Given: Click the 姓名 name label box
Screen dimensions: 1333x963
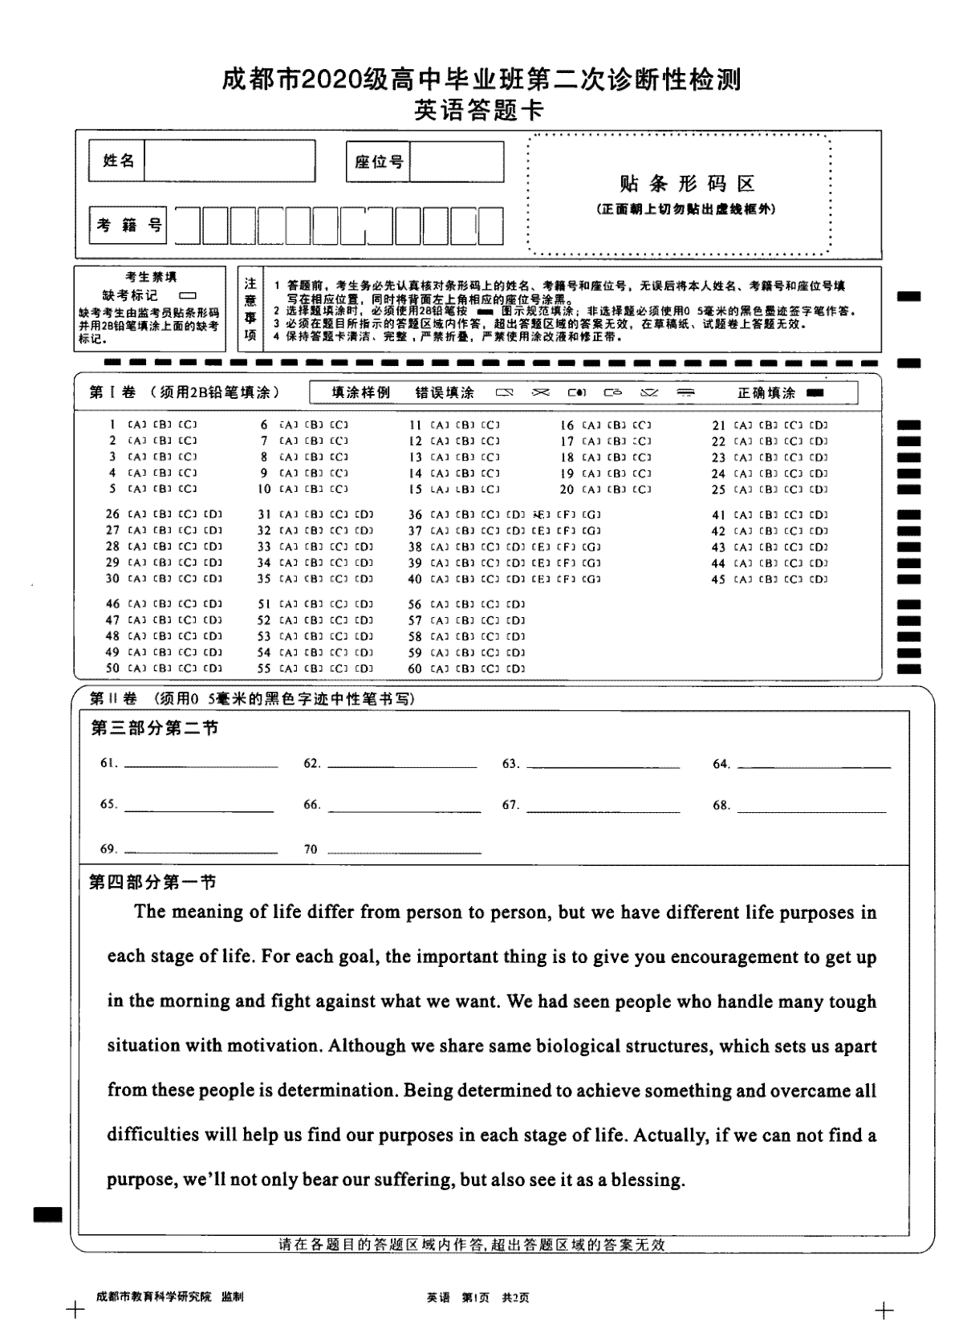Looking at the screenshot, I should point(119,161).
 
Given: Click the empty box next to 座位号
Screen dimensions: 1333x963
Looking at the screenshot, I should point(457,161).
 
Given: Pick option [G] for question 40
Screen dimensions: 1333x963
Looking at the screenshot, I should point(591,579).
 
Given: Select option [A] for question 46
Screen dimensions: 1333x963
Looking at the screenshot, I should point(136,604).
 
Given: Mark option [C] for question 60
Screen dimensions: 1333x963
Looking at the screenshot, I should point(490,669).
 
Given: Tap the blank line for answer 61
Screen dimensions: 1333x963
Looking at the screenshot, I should point(201,766).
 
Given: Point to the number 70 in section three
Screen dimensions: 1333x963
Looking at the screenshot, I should point(311,849).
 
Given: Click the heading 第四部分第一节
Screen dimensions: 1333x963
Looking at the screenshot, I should point(152,882).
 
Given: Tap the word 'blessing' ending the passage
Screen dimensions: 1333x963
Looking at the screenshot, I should point(648,1180).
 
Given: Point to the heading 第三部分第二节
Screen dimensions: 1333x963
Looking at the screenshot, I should point(154,728).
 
